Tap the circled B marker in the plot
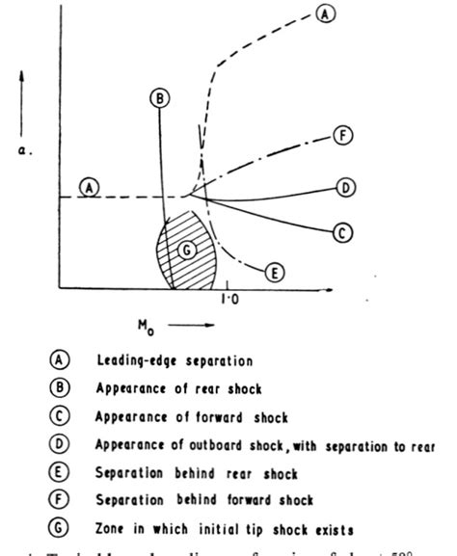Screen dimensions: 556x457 click(x=160, y=96)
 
